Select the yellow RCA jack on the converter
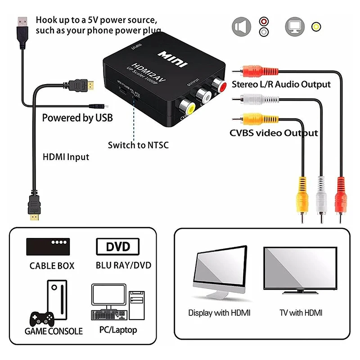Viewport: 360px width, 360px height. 184,106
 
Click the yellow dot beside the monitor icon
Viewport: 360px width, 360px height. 317,26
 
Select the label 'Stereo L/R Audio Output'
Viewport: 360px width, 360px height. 281,84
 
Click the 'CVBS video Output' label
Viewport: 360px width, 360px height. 274,133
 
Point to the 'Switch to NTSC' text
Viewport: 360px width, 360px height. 138,145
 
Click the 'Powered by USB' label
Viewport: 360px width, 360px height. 77,118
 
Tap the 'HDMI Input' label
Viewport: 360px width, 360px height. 66,157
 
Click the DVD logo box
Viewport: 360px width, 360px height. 118,247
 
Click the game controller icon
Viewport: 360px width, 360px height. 41,317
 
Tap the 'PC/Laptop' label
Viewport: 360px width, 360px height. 118,330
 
